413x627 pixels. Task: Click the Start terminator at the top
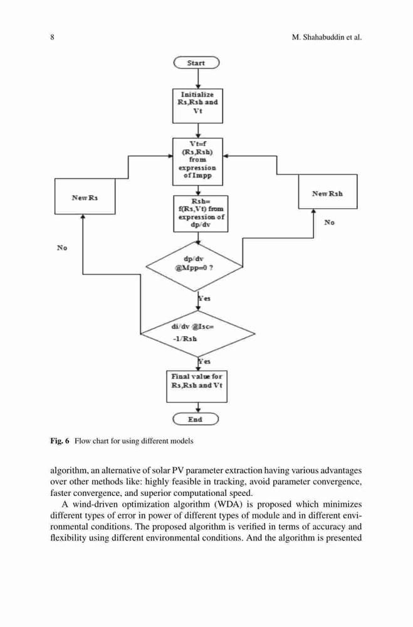point(196,63)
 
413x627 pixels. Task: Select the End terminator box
point(196,419)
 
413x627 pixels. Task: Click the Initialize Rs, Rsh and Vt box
point(197,106)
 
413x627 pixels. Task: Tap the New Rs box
point(85,196)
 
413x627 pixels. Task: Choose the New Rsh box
point(328,191)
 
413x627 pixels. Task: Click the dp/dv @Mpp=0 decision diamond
point(194,266)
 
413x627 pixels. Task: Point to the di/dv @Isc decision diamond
point(198,333)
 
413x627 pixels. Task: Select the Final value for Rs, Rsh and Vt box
point(197,386)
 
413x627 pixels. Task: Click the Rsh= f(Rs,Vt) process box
point(201,214)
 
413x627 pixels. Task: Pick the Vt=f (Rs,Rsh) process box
point(197,162)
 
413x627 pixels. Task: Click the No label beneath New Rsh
point(330,223)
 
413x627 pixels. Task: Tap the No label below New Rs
point(62,248)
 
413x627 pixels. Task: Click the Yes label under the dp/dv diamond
point(204,298)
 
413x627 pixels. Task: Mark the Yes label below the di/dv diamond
point(204,361)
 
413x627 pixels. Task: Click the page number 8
point(53,38)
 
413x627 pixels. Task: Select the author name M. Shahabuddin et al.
point(327,38)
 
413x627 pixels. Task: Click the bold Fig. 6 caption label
point(60,441)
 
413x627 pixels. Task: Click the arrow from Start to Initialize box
point(198,79)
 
